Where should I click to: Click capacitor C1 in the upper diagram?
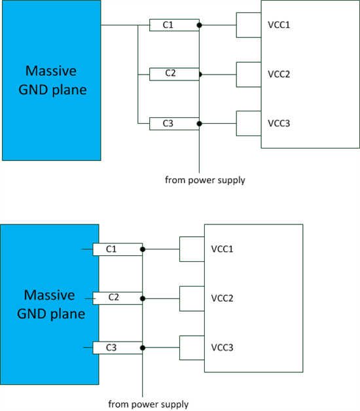tap(174, 25)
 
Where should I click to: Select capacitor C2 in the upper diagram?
tap(174, 74)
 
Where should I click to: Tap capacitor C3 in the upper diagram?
tap(174, 124)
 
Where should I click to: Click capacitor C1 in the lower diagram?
tap(117, 249)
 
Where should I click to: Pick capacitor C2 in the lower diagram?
tap(117, 298)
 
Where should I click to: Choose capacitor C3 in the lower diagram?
tap(117, 348)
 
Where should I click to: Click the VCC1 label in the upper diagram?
tap(279, 25)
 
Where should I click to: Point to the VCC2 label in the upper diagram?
tap(279, 74)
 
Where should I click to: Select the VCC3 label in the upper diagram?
tap(279, 123)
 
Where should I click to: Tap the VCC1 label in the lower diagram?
tap(222, 249)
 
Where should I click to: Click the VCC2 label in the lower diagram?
tap(222, 298)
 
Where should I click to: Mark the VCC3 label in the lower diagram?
tap(222, 348)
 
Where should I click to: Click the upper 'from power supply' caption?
tap(205, 181)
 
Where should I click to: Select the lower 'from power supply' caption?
tap(149, 404)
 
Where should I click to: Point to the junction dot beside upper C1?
tap(199, 25)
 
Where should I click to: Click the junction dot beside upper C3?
tap(199, 124)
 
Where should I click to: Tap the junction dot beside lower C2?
tap(143, 298)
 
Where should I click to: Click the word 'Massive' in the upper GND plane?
tap(51, 71)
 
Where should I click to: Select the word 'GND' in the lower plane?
tap(32, 314)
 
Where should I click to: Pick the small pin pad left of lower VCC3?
tap(192, 348)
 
